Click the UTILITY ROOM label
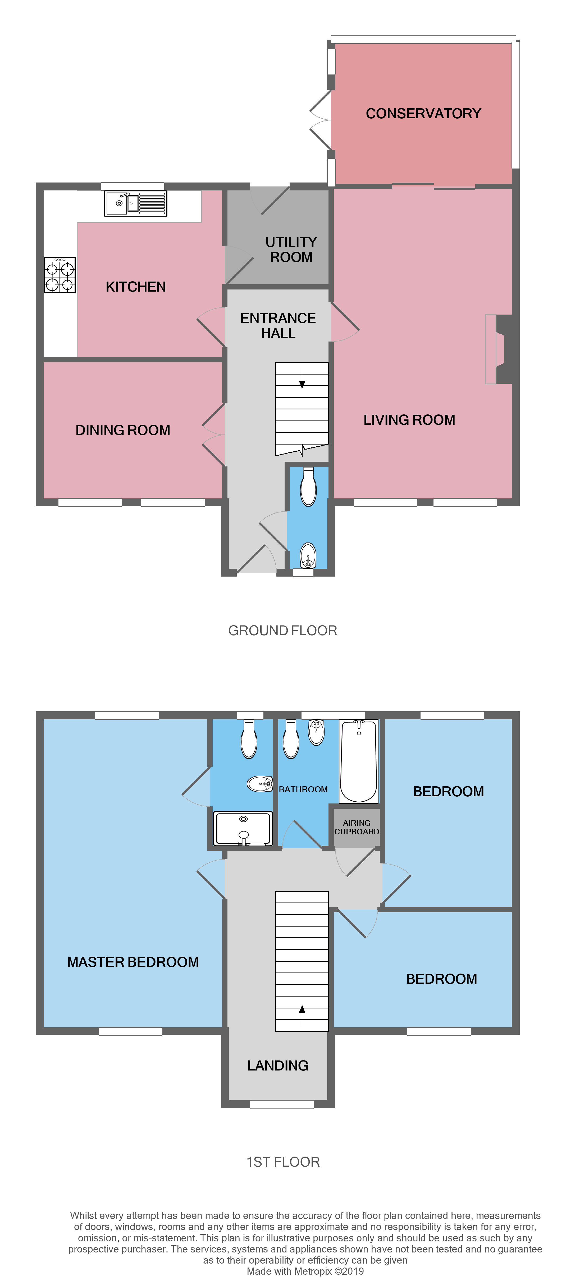[x=291, y=250]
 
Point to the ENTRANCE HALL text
[x=278, y=326]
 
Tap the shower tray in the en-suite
[x=243, y=829]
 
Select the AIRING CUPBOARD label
[x=357, y=827]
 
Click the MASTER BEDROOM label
[x=133, y=962]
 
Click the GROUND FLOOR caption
[x=282, y=630]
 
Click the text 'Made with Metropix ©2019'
[x=305, y=1271]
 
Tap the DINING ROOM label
[x=123, y=430]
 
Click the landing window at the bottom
[x=282, y=1104]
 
